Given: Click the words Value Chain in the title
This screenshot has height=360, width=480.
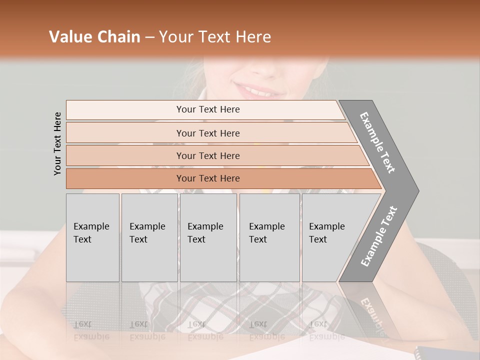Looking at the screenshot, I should pyautogui.click(x=94, y=37).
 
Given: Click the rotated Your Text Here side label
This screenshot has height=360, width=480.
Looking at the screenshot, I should pyautogui.click(x=57, y=143).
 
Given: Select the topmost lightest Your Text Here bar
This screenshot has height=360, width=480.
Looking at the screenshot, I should pyautogui.click(x=207, y=109).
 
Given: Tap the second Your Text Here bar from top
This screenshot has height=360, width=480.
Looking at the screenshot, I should pyautogui.click(x=207, y=133).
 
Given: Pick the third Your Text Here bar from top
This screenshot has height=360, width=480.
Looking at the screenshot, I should pyautogui.click(x=207, y=155).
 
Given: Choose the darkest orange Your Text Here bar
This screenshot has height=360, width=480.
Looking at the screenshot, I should pyautogui.click(x=207, y=178).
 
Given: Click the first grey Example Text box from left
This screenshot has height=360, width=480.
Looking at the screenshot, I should pyautogui.click(x=92, y=237).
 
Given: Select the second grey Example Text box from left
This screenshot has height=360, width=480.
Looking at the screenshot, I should pyautogui.click(x=149, y=237).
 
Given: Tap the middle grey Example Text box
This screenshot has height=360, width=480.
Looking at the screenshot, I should pyautogui.click(x=208, y=237).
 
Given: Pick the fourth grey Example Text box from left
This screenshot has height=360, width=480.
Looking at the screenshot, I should pyautogui.click(x=269, y=237).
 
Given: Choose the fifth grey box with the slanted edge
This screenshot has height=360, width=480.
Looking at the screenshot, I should pyautogui.click(x=330, y=237).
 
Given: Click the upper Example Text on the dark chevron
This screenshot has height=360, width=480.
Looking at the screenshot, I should pyautogui.click(x=377, y=143).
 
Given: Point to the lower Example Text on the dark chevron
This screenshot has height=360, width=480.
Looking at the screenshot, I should pyautogui.click(x=378, y=236).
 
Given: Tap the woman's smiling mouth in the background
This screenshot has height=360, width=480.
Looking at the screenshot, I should pyautogui.click(x=260, y=90).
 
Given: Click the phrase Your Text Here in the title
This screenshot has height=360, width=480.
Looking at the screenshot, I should pyautogui.click(x=215, y=37).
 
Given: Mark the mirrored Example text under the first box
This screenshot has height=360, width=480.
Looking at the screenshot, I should pyautogui.click(x=91, y=336).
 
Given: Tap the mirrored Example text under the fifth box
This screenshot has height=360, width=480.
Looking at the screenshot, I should pyautogui.click(x=326, y=336).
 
